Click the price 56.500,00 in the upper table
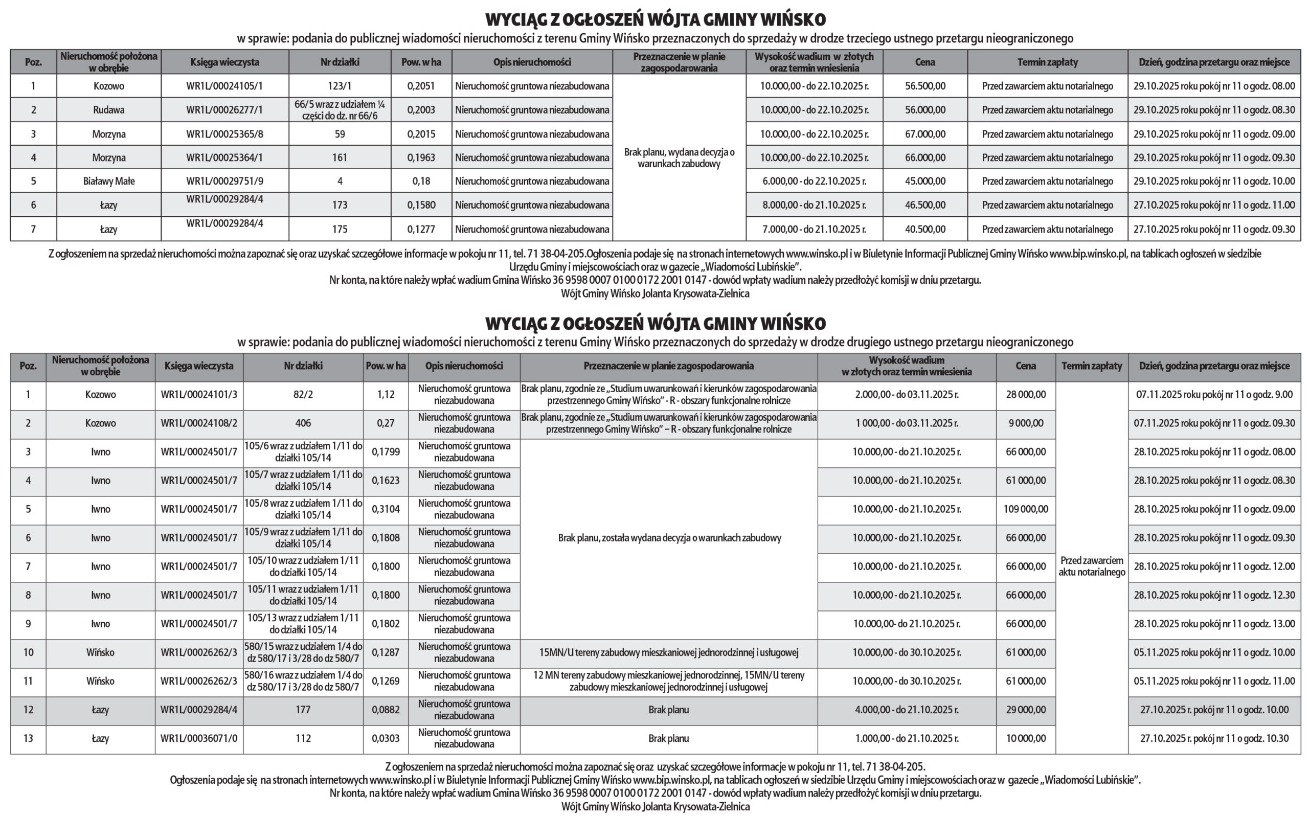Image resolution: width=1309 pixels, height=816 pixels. click(925, 86)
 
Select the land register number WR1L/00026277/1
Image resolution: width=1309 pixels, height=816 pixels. click(224, 110)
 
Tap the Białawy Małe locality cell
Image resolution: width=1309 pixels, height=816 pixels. click(108, 182)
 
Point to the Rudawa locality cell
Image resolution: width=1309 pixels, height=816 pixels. click(108, 110)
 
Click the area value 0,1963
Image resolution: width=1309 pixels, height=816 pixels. click(421, 157)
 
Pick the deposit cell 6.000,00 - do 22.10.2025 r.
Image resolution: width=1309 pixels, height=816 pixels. click(814, 182)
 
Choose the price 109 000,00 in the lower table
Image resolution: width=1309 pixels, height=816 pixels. click(1025, 509)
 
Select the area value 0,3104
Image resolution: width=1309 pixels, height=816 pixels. click(386, 509)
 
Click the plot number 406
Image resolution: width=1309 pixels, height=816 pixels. click(303, 423)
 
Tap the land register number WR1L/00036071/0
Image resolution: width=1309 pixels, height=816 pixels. click(198, 738)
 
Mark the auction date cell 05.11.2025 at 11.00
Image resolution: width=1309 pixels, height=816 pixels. click(1214, 681)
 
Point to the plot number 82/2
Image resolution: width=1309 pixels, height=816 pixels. click(303, 395)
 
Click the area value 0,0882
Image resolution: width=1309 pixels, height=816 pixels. click(386, 710)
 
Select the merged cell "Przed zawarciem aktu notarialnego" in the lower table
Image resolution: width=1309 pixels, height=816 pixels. click(1092, 566)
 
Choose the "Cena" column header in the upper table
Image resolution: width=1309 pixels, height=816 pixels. click(925, 62)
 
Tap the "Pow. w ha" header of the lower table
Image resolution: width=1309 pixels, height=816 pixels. click(386, 366)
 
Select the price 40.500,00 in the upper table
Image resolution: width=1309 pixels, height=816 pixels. click(925, 230)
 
